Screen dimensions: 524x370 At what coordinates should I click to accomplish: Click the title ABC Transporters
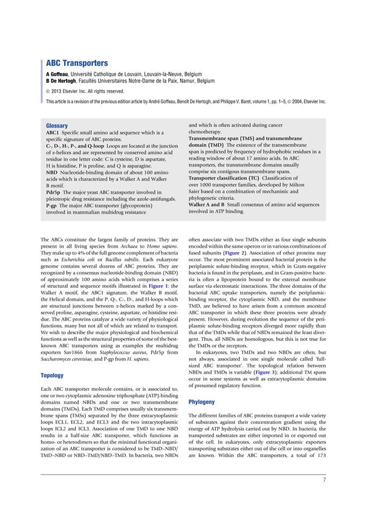point(77,63)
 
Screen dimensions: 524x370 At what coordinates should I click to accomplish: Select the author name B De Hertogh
point(64,80)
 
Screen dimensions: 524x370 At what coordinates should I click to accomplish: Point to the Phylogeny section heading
point(202,402)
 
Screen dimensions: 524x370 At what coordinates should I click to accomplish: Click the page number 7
point(324,480)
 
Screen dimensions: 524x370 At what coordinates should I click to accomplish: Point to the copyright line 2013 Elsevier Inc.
point(86,91)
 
